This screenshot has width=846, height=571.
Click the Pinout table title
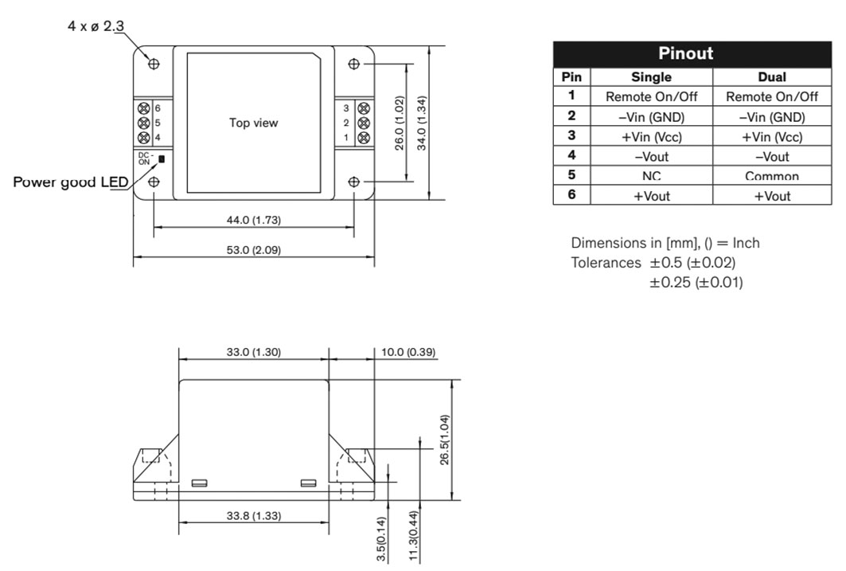tap(685, 53)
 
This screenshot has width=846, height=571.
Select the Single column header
tap(651, 76)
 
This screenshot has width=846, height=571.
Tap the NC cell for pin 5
tap(651, 176)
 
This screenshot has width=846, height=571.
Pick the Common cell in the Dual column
tap(771, 176)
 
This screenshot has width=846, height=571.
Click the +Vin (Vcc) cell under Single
tap(651, 136)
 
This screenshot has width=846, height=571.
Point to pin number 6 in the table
tap(571, 194)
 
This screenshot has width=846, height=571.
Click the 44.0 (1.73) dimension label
tap(254, 220)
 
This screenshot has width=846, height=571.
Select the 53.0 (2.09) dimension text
tap(254, 250)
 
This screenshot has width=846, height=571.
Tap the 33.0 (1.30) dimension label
tap(254, 352)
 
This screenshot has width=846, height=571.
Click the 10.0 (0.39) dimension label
tap(408, 352)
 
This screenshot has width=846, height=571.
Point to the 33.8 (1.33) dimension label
tap(254, 515)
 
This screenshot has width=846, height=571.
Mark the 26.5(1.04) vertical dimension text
tap(445, 440)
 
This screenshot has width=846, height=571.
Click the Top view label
tap(253, 123)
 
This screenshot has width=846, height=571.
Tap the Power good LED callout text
tap(71, 182)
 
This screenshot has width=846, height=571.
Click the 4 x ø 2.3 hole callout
tap(96, 26)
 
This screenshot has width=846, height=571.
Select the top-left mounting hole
tap(154, 64)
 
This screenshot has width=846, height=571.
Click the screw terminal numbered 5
tap(143, 123)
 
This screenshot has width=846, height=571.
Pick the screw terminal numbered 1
tap(364, 137)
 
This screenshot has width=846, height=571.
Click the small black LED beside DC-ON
tap(162, 159)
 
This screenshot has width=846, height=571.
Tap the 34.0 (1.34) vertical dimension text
tap(422, 123)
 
